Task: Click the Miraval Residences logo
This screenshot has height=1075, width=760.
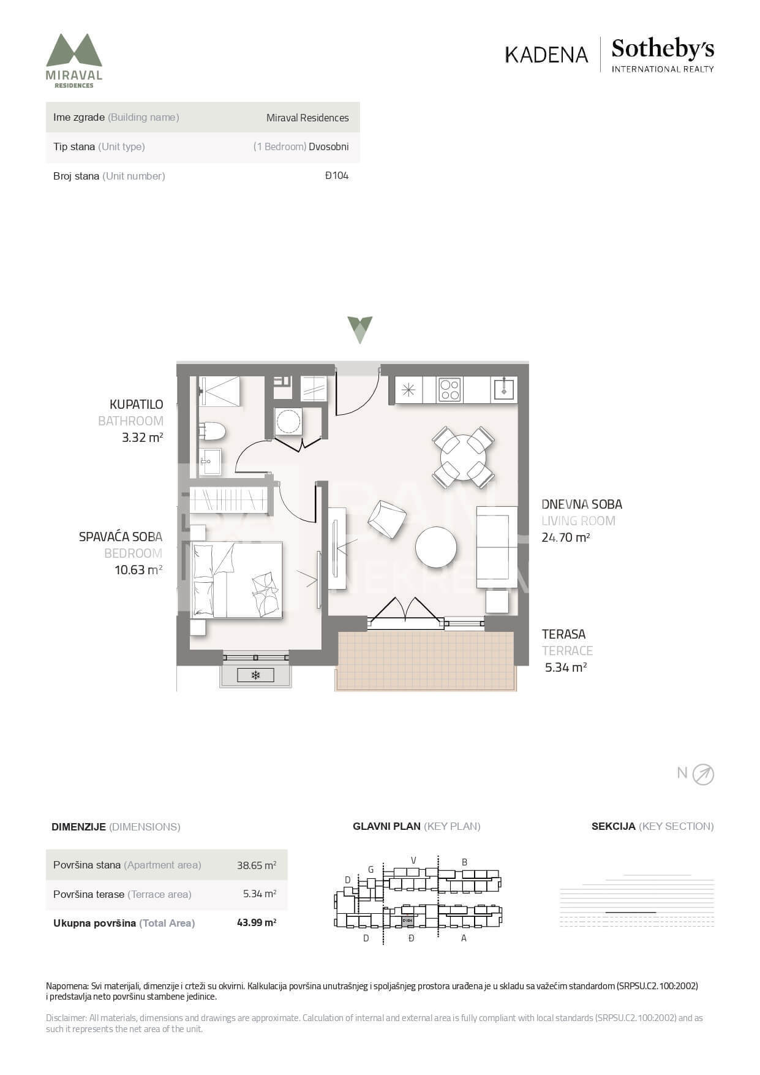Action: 74,61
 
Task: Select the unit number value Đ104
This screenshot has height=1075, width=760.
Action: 337,176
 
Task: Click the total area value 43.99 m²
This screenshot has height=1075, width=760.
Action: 257,922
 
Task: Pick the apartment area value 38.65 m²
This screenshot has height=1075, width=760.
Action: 257,865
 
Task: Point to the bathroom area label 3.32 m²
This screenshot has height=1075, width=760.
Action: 143,438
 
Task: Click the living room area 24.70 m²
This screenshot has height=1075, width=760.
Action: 566,537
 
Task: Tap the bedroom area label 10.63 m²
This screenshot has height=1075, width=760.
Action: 138,570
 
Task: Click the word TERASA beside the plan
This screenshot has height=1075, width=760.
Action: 563,634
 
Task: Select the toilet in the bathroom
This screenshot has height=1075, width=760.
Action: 212,431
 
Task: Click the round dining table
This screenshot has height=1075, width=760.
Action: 463,457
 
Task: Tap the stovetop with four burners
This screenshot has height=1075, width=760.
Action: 450,390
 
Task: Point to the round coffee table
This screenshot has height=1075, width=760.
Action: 436,547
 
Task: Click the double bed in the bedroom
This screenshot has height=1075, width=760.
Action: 237,579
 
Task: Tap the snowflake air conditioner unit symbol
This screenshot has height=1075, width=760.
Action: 256,675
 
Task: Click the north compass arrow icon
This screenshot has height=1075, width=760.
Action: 703,775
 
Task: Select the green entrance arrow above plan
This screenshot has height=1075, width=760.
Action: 359,330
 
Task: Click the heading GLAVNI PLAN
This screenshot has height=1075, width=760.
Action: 386,826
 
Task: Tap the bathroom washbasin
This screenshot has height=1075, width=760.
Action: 210,461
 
